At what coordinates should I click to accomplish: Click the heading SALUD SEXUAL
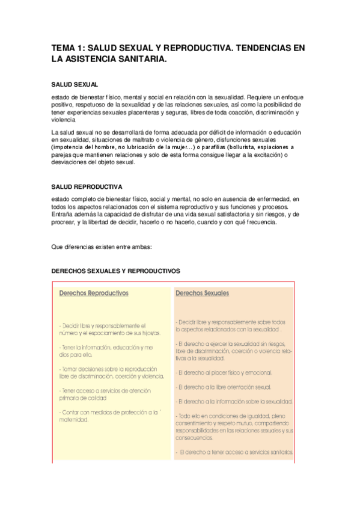click(75, 85)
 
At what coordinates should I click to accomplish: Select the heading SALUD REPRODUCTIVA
click(87, 186)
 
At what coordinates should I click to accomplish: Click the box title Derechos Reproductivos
click(93, 293)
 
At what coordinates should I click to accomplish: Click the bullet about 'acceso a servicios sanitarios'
click(235, 451)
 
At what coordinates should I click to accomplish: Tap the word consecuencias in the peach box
click(194, 437)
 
